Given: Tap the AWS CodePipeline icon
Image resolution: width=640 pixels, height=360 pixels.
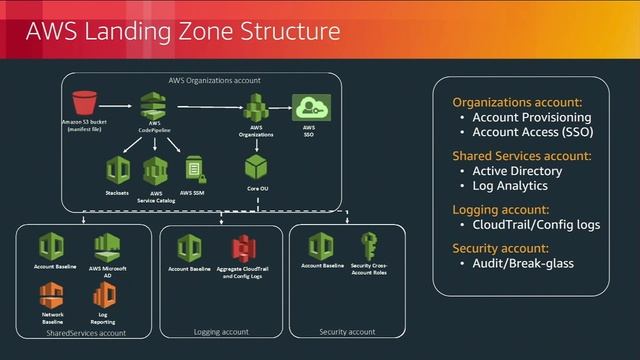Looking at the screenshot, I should (x=155, y=105).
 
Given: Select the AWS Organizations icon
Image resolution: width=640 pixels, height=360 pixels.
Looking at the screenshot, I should (x=257, y=107).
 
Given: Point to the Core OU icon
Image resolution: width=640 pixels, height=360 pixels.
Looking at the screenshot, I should (x=257, y=166).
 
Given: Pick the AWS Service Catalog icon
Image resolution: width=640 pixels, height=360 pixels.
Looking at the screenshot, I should (x=156, y=168).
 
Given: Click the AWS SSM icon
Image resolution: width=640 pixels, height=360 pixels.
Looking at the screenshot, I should (x=193, y=168).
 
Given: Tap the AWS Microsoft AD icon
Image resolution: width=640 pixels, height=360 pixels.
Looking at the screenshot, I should (x=107, y=246).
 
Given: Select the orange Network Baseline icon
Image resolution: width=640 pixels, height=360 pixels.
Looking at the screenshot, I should (x=52, y=293).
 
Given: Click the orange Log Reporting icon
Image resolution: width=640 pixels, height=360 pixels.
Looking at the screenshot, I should (x=103, y=293).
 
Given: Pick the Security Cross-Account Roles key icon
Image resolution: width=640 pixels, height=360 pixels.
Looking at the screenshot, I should (x=369, y=245).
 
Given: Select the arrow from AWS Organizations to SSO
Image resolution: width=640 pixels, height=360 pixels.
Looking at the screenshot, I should (x=282, y=107).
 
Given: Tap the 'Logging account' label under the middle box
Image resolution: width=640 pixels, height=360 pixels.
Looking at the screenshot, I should (x=221, y=331).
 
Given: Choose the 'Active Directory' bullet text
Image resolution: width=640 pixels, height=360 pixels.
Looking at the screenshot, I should (x=517, y=171).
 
